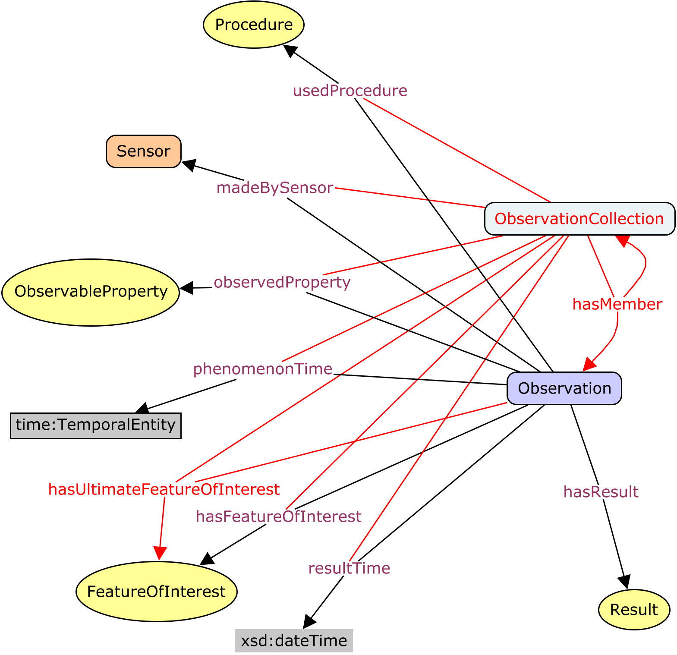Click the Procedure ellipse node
click(x=254, y=25)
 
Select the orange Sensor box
click(x=144, y=151)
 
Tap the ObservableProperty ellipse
click(x=91, y=292)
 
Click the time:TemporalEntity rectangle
click(x=96, y=425)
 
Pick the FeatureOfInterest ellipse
click(x=156, y=591)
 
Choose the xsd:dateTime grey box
click(x=294, y=641)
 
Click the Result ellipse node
click(x=634, y=610)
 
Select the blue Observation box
click(x=564, y=388)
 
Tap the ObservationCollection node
click(x=579, y=219)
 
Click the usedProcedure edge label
click(x=350, y=91)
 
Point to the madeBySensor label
click(x=275, y=188)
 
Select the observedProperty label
click(x=282, y=282)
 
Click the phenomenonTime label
click(x=262, y=369)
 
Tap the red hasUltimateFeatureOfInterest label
click(x=164, y=489)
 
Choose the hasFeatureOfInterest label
click(x=278, y=516)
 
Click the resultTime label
click(x=349, y=568)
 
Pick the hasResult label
click(x=601, y=492)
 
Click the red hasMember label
click(x=617, y=304)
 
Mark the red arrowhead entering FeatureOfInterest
click(x=160, y=553)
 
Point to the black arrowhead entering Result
click(x=624, y=582)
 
